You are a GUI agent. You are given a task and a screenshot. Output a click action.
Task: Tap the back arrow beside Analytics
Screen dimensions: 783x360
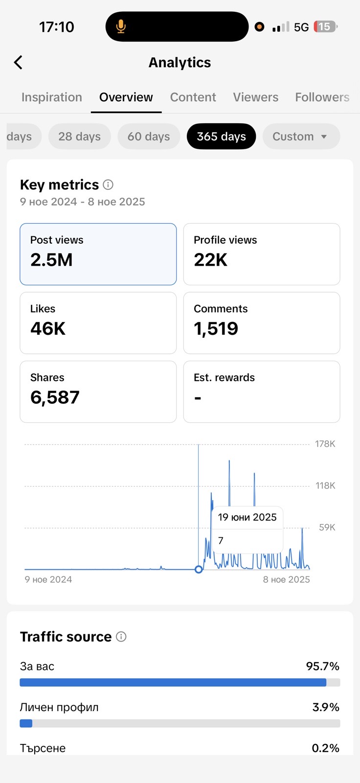click(x=18, y=63)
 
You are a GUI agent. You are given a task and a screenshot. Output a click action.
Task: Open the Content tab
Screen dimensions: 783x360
click(x=193, y=97)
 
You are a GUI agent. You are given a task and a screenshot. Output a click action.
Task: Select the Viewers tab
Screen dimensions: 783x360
click(x=255, y=97)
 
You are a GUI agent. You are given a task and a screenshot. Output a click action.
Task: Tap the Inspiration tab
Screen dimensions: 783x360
click(x=52, y=97)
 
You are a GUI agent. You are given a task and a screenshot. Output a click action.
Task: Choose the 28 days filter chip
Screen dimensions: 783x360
click(x=79, y=137)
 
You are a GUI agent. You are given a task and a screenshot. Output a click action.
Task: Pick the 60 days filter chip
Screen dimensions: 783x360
click(x=149, y=137)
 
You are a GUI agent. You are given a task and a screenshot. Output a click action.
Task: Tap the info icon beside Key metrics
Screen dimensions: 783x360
click(x=108, y=184)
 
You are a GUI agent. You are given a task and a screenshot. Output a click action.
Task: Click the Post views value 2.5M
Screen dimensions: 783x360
click(x=51, y=260)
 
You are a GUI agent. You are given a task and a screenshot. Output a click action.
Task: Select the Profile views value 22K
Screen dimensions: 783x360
click(x=211, y=260)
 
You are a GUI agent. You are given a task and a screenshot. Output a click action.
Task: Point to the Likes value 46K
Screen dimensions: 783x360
click(x=48, y=328)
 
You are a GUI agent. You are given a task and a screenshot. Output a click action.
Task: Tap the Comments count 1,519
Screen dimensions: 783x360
click(x=216, y=328)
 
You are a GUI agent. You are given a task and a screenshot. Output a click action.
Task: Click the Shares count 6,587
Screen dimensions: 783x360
click(x=55, y=397)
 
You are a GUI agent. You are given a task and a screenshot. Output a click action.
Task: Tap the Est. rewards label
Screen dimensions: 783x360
click(x=224, y=377)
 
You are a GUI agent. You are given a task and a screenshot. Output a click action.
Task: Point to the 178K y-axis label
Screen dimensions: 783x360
click(x=325, y=444)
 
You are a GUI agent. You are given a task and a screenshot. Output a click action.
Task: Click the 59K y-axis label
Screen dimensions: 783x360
click(x=327, y=528)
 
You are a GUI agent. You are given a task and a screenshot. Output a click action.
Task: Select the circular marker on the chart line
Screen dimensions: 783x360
click(x=199, y=569)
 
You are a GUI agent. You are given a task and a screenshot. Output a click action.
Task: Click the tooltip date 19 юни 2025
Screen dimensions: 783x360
click(x=247, y=517)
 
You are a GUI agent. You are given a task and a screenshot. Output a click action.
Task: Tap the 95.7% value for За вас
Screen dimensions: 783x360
click(x=322, y=666)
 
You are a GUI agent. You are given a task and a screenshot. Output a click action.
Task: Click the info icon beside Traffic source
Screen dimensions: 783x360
click(x=121, y=637)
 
